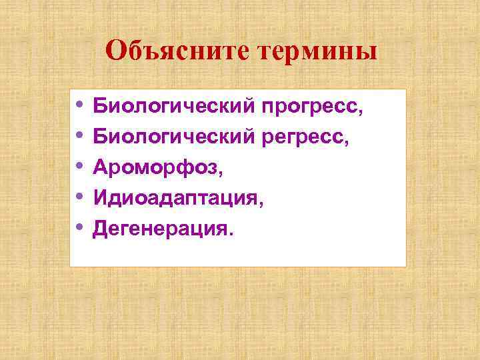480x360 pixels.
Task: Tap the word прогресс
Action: [310, 105]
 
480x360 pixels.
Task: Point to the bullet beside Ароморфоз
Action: [80, 167]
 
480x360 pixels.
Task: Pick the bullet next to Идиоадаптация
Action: [80, 197]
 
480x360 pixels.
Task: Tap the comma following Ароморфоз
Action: [219, 173]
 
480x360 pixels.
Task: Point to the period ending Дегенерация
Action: [232, 234]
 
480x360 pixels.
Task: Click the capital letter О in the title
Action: [115, 51]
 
